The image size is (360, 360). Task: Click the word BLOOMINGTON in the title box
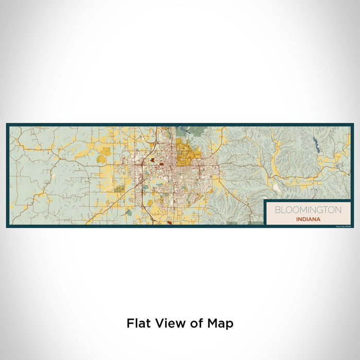click(x=308, y=210)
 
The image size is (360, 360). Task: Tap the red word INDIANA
click(x=308, y=219)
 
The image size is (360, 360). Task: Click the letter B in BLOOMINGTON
click(x=277, y=210)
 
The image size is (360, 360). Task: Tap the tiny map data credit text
click(x=341, y=224)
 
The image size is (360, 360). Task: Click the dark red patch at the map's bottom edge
click(x=170, y=223)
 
